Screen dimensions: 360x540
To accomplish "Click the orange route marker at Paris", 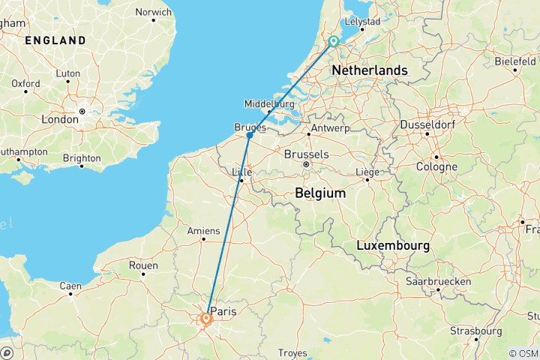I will [205, 319].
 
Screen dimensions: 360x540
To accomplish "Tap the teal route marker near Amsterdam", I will [333, 42].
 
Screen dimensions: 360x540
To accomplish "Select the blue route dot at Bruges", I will [249, 136].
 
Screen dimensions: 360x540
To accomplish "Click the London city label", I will [59, 118].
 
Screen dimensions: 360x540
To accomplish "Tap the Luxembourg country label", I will [393, 245].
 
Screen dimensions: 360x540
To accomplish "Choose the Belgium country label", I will [320, 193].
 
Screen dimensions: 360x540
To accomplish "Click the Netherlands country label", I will [370, 70].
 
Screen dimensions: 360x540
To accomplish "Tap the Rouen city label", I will [142, 265].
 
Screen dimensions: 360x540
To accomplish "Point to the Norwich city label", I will [153, 12].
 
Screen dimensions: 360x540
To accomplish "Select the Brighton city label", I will [81, 158].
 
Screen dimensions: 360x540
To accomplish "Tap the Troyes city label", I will [292, 352].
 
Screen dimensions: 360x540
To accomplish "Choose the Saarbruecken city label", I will [438, 280].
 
